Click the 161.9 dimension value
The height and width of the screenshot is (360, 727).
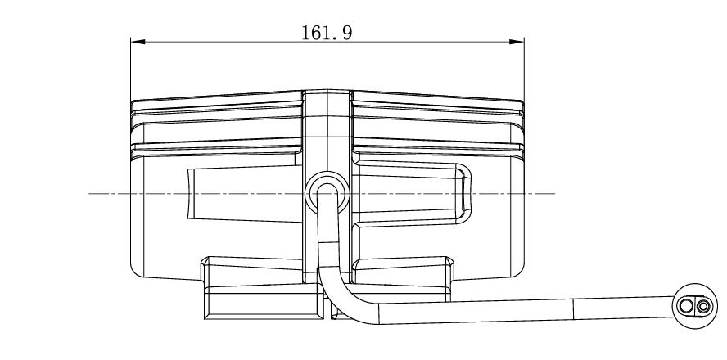(327, 33)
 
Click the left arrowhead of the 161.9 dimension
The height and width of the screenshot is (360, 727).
(138, 42)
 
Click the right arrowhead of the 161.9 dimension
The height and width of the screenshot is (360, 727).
(517, 42)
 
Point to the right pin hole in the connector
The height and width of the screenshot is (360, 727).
(703, 306)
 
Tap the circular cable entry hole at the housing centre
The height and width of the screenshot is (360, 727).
(327, 193)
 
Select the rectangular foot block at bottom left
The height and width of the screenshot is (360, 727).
(264, 303)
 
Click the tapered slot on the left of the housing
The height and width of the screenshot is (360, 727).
(245, 193)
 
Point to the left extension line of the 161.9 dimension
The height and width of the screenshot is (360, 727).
(131, 70)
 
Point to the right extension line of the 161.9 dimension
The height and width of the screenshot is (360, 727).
(524, 70)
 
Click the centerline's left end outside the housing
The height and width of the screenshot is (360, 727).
(89, 193)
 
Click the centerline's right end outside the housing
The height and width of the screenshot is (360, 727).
(555, 193)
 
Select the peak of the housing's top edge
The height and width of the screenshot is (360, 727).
(327, 90)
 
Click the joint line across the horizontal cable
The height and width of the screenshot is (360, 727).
(574, 309)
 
